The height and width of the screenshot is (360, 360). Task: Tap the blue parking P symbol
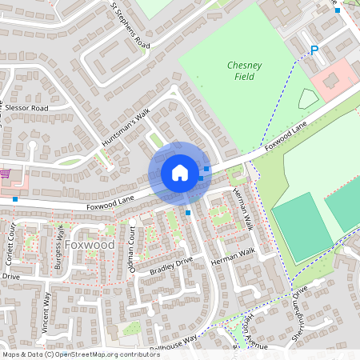(314, 50)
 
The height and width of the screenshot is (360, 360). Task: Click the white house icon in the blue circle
(180, 172)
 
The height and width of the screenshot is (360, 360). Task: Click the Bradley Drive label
(172, 266)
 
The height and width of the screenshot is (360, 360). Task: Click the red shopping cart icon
(4, 173)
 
